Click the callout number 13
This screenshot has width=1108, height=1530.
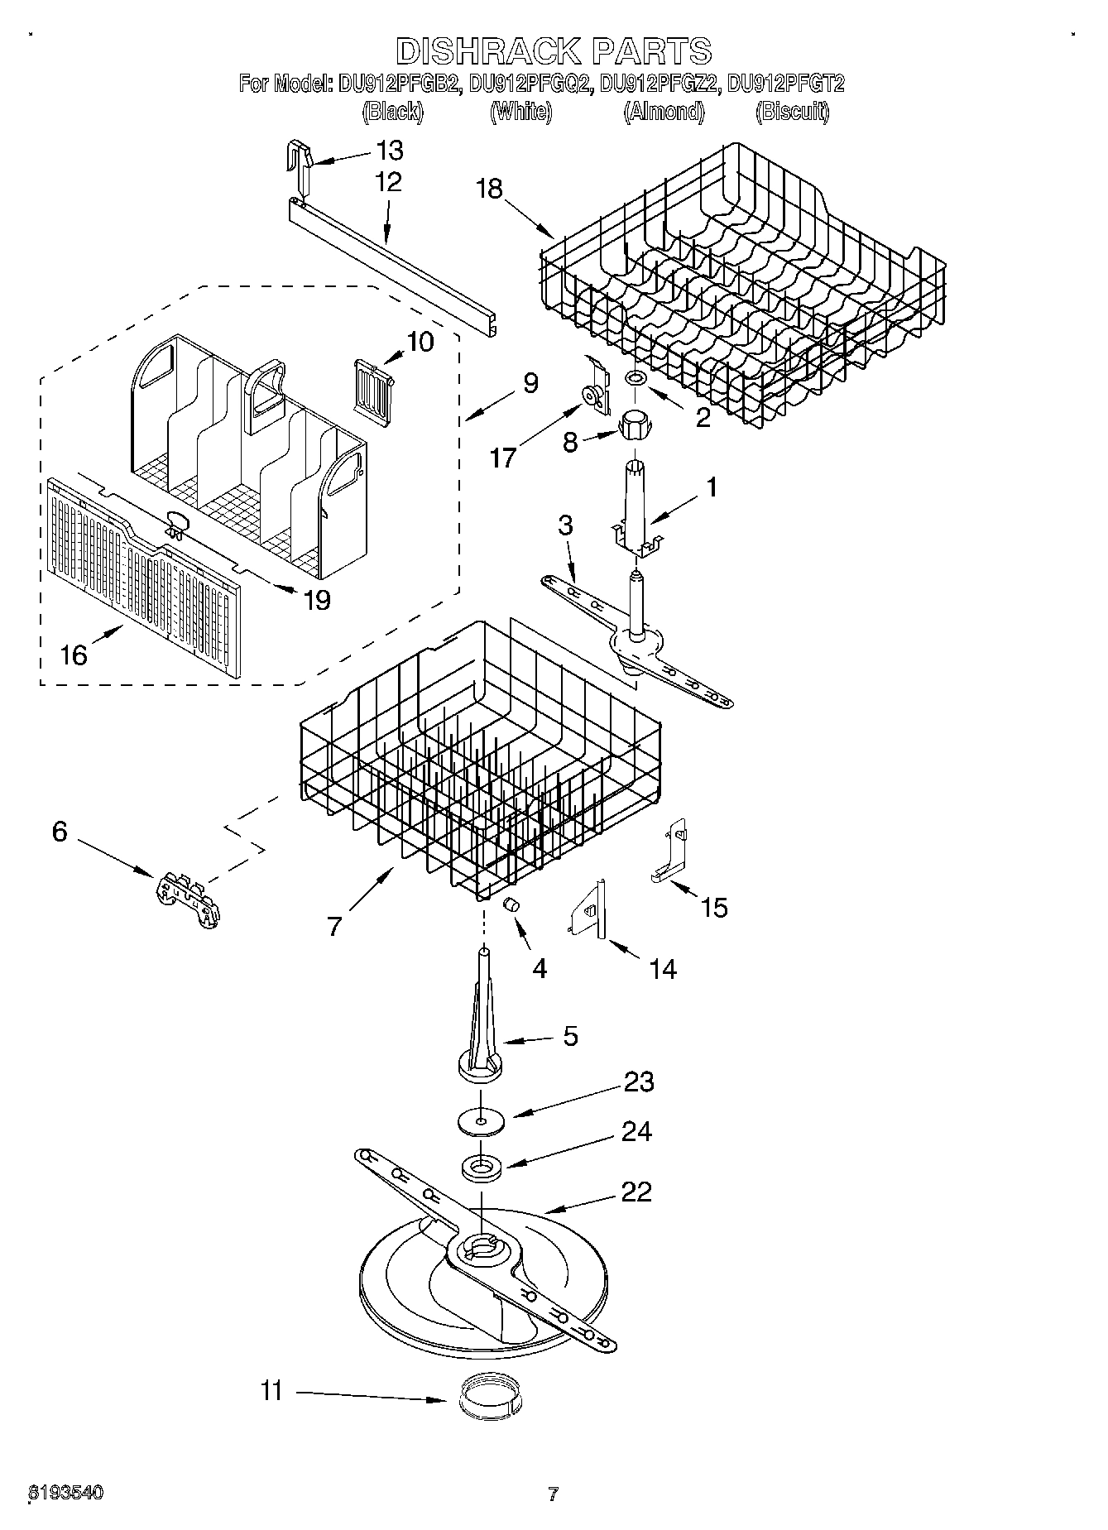[x=389, y=151]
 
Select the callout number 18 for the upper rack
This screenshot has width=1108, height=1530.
[x=489, y=189]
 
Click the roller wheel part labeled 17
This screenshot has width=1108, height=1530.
[x=594, y=398]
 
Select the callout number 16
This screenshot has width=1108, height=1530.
[x=74, y=655]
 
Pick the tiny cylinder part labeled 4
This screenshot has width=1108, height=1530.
[x=511, y=904]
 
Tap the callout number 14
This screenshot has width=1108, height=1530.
[x=663, y=969]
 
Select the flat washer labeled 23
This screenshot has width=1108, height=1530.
[x=481, y=1120]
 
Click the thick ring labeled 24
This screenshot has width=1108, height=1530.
[x=482, y=1168]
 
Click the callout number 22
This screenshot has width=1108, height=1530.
[x=636, y=1192]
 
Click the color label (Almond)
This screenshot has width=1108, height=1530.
[x=664, y=113]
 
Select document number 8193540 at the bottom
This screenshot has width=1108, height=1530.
[x=66, y=1493]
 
